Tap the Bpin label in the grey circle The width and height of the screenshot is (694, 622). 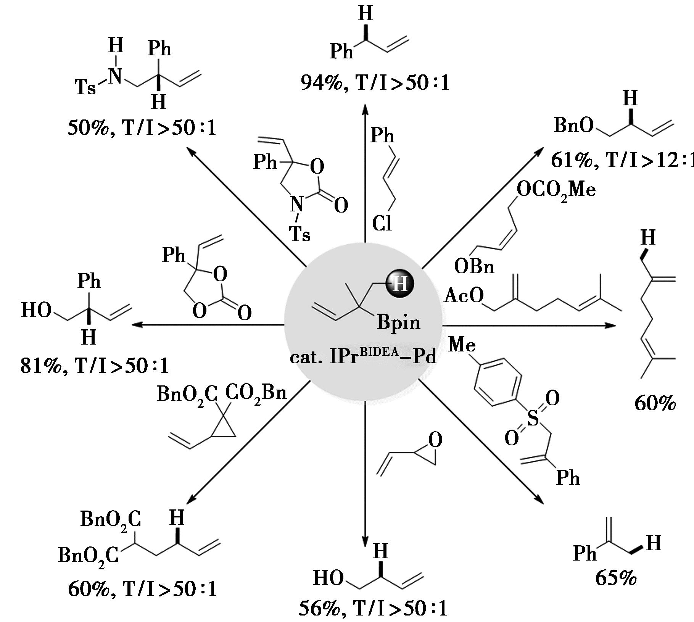coord(399,322)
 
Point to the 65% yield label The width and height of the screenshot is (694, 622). coord(616,578)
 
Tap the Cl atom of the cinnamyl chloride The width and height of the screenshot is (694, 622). coord(382,223)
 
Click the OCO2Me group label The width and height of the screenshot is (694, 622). coord(556,190)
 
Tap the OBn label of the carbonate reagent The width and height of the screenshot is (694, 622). coord(474,266)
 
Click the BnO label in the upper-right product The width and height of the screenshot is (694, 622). coord(573,125)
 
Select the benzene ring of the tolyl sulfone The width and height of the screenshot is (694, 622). coord(498,382)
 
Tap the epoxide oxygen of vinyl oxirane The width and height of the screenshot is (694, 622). coord(435,440)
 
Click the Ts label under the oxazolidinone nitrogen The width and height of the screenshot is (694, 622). coord(300,233)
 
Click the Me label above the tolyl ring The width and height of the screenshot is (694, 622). coord(462,345)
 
